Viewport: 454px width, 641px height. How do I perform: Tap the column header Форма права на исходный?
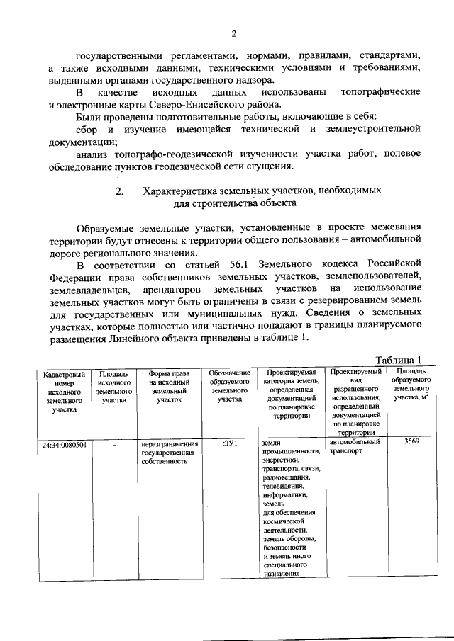point(170,386)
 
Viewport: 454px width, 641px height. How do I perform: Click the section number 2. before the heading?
point(120,191)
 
